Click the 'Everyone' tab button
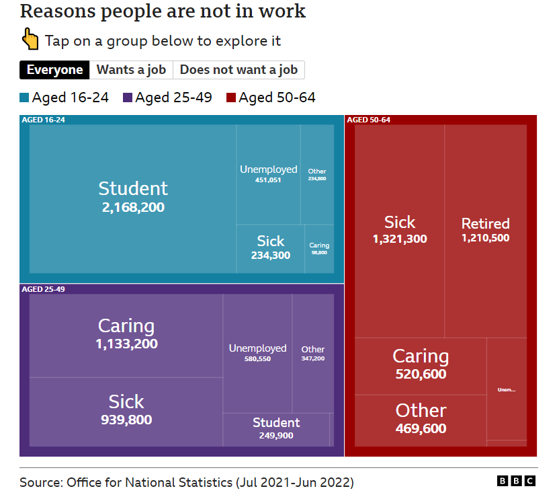pyautogui.click(x=55, y=70)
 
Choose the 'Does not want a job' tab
pyautogui.click(x=239, y=70)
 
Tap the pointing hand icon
pyautogui.click(x=31, y=39)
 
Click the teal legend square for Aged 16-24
pyautogui.click(x=25, y=98)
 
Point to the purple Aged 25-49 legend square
pyautogui.click(x=128, y=98)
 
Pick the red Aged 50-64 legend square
pyautogui.click(x=231, y=98)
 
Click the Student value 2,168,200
pyautogui.click(x=133, y=207)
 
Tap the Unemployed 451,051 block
pyautogui.click(x=268, y=174)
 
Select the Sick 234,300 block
pyautogui.click(x=271, y=248)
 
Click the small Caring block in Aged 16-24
pyautogui.click(x=319, y=248)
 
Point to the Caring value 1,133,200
pyautogui.click(x=126, y=344)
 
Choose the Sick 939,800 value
pyautogui.click(x=126, y=420)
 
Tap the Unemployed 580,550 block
pyautogui.click(x=257, y=353)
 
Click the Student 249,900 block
pyautogui.click(x=276, y=428)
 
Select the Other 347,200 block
pyautogui.click(x=313, y=353)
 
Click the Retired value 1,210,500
pyautogui.click(x=485, y=238)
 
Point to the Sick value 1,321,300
pyautogui.click(x=400, y=239)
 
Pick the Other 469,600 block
pyautogui.click(x=421, y=419)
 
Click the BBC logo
pyautogui.click(x=516, y=481)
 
